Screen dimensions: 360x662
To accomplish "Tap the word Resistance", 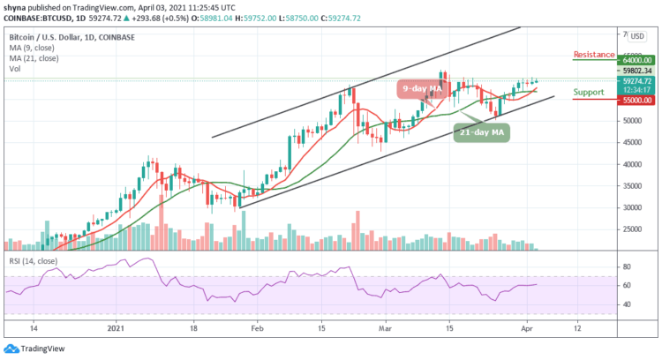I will click(x=594, y=55).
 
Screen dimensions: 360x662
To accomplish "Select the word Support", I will click(x=589, y=92).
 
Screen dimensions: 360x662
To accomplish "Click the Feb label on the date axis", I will click(x=256, y=326).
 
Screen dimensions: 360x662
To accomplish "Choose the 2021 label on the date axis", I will click(x=115, y=326).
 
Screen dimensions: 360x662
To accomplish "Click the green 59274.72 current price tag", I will click(x=636, y=79).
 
